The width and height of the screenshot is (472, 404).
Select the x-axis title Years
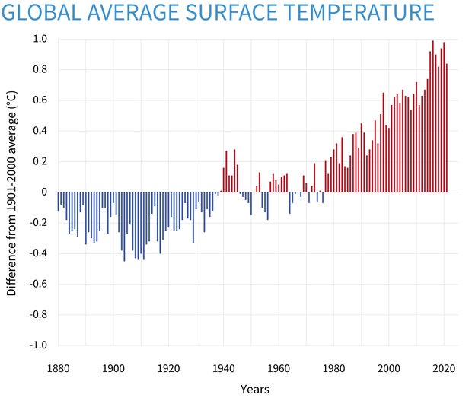tap(254, 389)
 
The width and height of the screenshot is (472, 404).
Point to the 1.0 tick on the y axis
tap(40, 39)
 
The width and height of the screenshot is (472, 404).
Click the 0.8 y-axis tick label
tap(40, 69)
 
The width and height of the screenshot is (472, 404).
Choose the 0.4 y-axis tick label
tap(40, 131)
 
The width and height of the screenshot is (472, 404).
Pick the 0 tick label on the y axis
tap(43, 192)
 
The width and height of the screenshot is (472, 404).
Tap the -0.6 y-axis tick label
tap(38, 284)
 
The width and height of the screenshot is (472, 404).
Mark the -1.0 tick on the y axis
tap(38, 345)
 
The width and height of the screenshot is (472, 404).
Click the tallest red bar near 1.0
tap(433, 114)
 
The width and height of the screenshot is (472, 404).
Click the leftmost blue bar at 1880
tap(59, 201)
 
